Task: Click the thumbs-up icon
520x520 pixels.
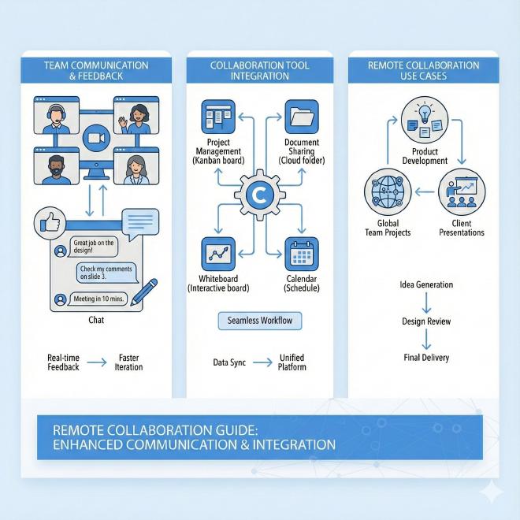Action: (49, 225)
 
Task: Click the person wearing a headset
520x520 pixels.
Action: (57, 116)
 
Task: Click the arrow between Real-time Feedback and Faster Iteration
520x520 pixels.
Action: (98, 363)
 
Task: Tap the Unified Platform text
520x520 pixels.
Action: (292, 362)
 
